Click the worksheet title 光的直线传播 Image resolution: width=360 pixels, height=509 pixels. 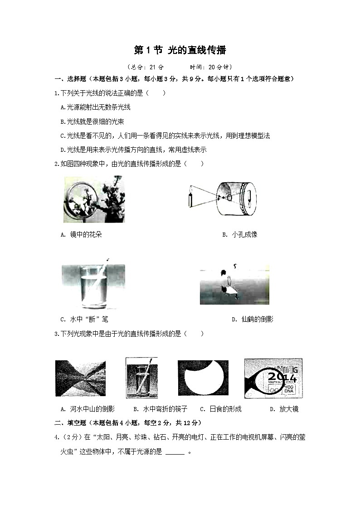[197, 50]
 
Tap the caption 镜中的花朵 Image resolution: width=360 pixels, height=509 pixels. [86, 234]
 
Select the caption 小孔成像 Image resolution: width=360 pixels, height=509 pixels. [244, 234]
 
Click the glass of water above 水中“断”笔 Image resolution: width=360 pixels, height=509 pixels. [93, 287]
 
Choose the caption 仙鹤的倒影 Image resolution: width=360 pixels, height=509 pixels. [257, 319]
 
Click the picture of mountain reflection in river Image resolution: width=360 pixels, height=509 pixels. [81, 378]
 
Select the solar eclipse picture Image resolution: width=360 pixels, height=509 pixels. [203, 378]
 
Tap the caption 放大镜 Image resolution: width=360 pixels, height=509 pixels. [288, 409]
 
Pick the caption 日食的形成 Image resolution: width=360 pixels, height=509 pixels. [226, 409]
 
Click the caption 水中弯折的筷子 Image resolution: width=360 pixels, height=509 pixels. [165, 409]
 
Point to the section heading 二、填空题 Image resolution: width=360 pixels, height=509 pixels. [70, 423]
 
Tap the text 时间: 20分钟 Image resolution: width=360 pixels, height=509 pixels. [211, 67]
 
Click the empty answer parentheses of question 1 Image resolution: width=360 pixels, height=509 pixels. [156, 93]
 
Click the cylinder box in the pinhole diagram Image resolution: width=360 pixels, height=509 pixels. [236, 199]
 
